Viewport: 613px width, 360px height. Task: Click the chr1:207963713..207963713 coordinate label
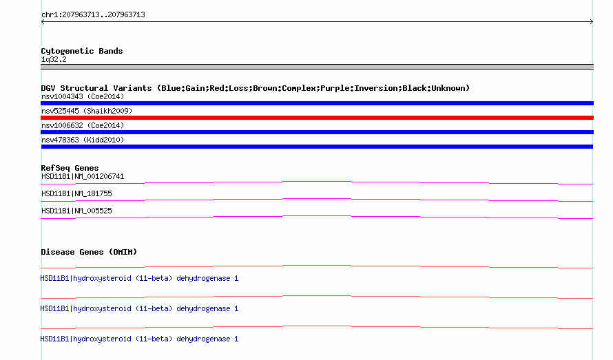click(93, 14)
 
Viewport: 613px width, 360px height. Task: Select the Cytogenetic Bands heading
click(81, 51)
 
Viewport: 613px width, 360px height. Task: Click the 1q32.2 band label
click(54, 59)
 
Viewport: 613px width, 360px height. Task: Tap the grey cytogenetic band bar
click(317, 67)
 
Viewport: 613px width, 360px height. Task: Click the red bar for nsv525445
click(317, 118)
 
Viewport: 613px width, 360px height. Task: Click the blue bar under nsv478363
click(317, 147)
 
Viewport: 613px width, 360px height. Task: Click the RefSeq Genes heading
click(70, 168)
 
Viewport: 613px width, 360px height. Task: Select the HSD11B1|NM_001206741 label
click(83, 177)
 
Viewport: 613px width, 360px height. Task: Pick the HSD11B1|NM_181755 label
click(76, 193)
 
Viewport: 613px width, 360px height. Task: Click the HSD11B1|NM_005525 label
click(76, 211)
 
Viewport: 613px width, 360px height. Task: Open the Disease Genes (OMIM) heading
click(89, 252)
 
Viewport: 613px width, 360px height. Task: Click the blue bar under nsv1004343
click(317, 103)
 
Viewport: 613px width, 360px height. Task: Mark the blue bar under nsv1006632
click(317, 132)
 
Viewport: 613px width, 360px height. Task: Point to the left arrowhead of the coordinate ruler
click(43, 21)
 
